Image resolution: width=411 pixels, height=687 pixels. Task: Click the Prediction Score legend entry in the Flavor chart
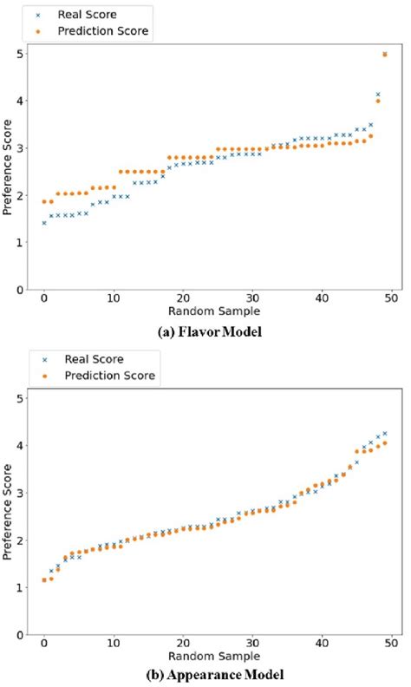pyautogui.click(x=101, y=32)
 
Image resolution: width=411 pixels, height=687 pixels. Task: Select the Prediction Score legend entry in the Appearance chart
pyautogui.click(x=108, y=376)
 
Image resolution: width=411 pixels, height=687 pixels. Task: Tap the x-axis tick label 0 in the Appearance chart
pyautogui.click(x=44, y=643)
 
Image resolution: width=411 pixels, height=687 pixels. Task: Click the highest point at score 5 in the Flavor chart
pyautogui.click(x=384, y=54)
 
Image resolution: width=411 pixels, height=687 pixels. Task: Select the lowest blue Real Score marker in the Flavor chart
pyautogui.click(x=44, y=223)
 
